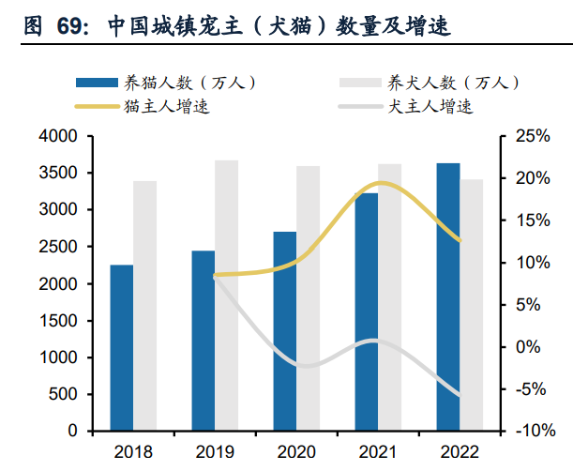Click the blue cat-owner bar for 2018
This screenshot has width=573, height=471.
point(122,347)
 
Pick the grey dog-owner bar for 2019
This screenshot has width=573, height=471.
point(227,296)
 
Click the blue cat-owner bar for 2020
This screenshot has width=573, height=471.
point(285,330)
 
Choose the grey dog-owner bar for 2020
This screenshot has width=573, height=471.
point(309,298)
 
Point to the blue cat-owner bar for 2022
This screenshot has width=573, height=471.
point(448,296)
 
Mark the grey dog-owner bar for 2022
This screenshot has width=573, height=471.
point(472,305)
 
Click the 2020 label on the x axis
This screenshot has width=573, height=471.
point(296,451)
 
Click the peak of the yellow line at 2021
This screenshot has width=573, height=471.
point(380,183)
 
